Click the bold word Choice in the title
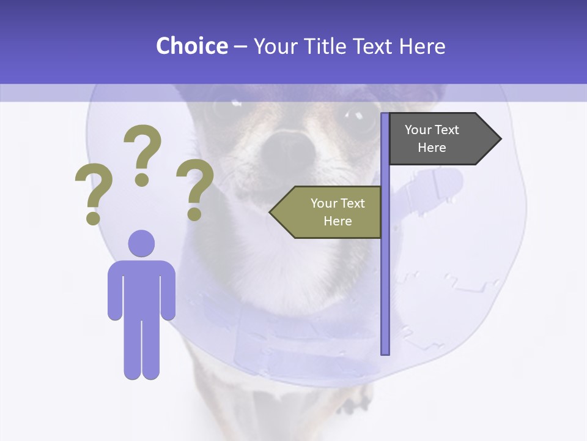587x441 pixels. [191, 46]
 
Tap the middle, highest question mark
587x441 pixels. [142, 153]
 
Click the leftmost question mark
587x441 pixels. [94, 193]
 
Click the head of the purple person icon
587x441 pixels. [141, 243]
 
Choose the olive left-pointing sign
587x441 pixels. [330, 212]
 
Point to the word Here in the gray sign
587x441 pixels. [432, 148]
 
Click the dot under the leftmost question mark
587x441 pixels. [93, 217]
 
